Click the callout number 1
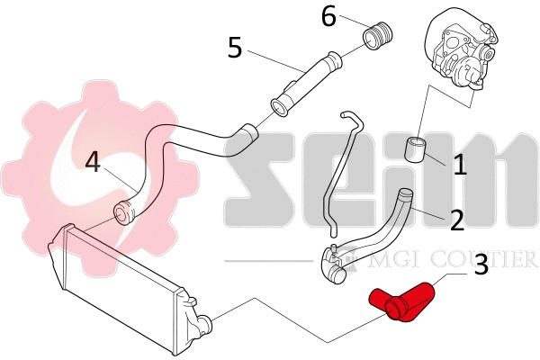pos(460,166)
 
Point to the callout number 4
pos(94,163)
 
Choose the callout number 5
pos(236,46)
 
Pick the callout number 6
pos(328,15)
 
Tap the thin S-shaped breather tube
pos(340,171)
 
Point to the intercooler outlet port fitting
pos(205,321)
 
